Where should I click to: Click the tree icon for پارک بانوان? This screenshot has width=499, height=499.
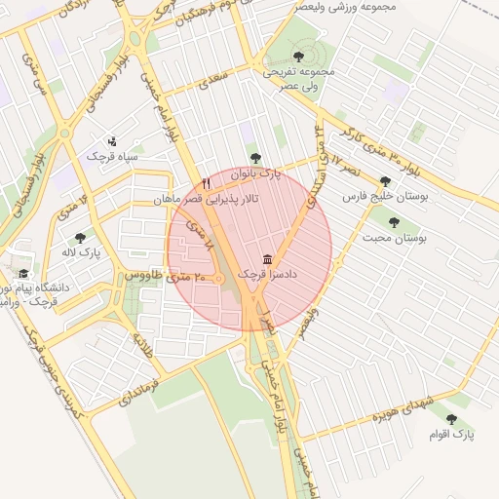point(256,157)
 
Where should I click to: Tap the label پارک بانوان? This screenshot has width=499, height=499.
point(256,173)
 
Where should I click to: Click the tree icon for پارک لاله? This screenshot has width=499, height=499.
point(80,237)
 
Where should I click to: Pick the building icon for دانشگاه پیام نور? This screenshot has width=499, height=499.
point(23,274)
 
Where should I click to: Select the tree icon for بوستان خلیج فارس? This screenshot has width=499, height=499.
point(385,181)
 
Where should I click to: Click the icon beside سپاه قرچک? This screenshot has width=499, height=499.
point(111,139)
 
